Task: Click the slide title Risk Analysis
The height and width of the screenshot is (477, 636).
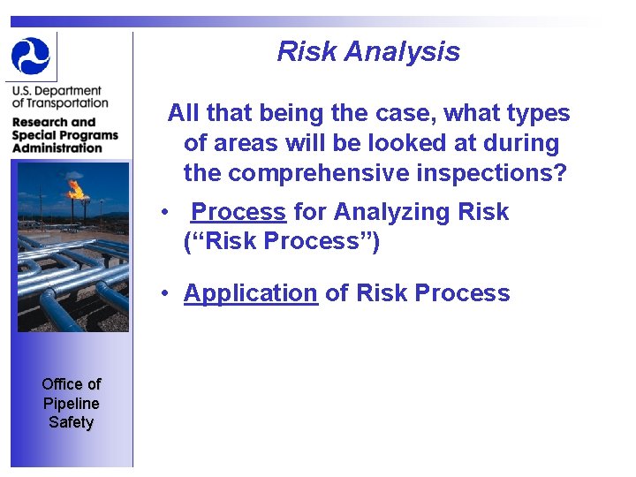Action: pyautogui.click(x=368, y=51)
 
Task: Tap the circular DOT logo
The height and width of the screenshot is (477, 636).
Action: pyautogui.click(x=31, y=56)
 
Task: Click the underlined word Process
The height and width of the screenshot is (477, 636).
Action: pyautogui.click(x=238, y=212)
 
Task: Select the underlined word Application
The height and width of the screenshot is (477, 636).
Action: pyautogui.click(x=250, y=293)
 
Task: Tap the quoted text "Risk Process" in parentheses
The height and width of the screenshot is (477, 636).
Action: pyautogui.click(x=281, y=242)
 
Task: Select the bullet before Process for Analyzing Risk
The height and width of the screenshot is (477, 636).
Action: pyautogui.click(x=164, y=213)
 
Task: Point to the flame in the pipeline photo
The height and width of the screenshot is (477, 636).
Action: pyautogui.click(x=76, y=188)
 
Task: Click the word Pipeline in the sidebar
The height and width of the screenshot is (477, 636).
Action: pyautogui.click(x=71, y=403)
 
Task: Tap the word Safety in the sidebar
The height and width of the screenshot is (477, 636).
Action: pyautogui.click(x=71, y=422)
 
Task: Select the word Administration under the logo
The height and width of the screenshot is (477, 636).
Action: pyautogui.click(x=57, y=148)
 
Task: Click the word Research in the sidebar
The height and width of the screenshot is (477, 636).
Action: pyautogui.click(x=41, y=122)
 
